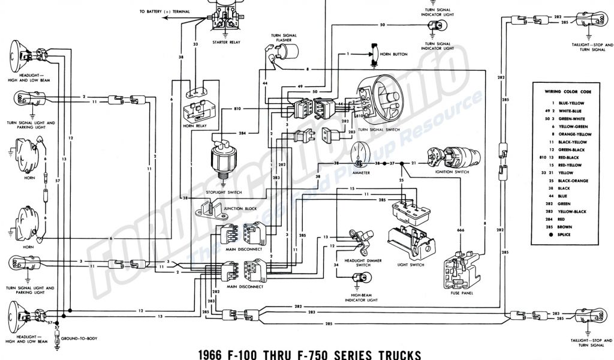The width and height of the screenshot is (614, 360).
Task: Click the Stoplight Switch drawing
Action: point(222,158)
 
